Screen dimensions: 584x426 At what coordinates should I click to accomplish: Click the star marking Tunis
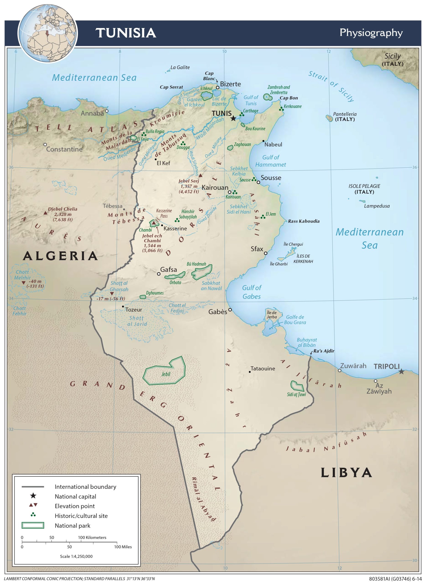233,118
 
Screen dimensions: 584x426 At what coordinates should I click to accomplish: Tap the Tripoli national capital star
401,372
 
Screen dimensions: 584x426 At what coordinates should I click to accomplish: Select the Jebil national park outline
164,372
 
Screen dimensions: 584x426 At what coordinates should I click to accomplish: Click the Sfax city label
257,249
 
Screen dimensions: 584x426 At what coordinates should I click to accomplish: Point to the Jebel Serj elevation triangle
200,175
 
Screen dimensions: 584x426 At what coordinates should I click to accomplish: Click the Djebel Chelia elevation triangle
45,213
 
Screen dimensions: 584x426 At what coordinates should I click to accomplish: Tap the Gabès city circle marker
230,310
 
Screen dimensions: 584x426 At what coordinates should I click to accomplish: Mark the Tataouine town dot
250,372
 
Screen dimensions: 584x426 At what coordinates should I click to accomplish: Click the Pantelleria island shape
329,118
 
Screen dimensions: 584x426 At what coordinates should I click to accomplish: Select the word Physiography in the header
371,33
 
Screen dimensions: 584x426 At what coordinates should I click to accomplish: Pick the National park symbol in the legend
33,525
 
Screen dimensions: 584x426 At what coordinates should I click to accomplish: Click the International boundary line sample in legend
33,487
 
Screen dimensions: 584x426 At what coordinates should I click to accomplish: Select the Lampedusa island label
377,206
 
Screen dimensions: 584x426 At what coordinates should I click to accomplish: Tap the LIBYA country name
346,473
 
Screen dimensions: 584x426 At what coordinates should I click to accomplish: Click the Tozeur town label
134,310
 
